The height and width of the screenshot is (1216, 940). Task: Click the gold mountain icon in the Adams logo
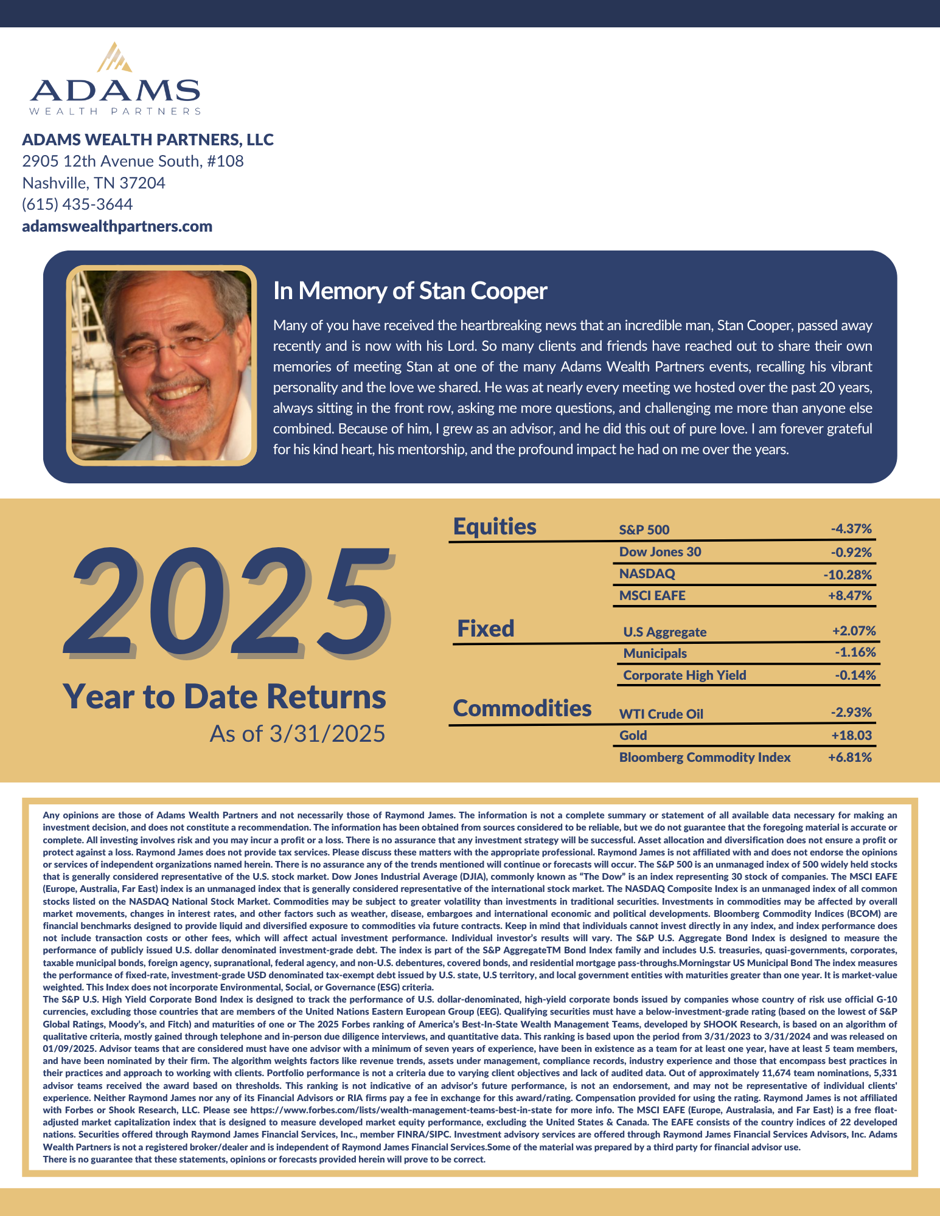(116, 58)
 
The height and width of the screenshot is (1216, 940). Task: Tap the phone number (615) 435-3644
(77, 204)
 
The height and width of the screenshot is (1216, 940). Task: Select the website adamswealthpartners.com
(117, 226)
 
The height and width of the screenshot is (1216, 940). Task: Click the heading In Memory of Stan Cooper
(410, 291)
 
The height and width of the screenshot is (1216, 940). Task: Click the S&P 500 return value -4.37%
(851, 529)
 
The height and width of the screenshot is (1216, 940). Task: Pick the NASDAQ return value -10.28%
(848, 575)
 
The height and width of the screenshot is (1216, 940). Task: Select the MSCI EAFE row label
(652, 596)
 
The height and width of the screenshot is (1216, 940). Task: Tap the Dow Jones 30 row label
(660, 552)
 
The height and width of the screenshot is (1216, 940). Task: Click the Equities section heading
(495, 527)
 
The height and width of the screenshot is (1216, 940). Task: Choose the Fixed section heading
(486, 629)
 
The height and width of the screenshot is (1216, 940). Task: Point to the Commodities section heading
(522, 708)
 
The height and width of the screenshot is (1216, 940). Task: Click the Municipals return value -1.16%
(855, 653)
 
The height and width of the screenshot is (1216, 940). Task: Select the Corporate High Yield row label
(684, 675)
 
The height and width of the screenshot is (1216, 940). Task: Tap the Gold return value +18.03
(851, 736)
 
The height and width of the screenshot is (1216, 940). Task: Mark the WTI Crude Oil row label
(661, 714)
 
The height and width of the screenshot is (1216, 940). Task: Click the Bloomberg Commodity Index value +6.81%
(850, 758)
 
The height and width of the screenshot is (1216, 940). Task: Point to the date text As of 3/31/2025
(298, 734)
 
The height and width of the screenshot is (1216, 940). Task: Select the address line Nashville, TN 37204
(94, 183)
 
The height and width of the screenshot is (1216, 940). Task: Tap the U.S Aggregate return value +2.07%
(854, 631)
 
